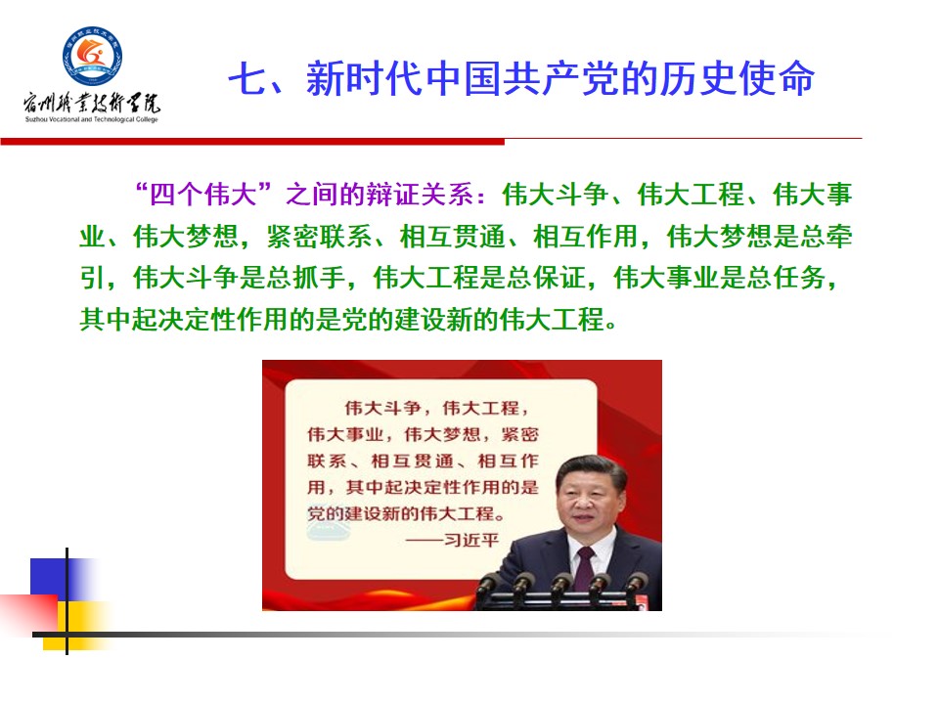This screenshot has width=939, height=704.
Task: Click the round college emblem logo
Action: pyautogui.click(x=93, y=56)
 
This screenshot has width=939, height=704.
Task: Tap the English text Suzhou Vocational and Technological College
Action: pyautogui.click(x=92, y=119)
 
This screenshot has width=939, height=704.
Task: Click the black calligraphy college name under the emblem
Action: pyautogui.click(x=92, y=103)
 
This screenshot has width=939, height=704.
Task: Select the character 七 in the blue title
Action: pyautogui.click(x=247, y=78)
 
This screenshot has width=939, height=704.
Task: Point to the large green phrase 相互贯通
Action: pyautogui.click(x=453, y=236)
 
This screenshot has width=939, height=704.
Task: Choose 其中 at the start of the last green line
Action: pyautogui.click(x=106, y=319)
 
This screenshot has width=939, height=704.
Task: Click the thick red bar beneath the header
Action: pyautogui.click(x=252, y=141)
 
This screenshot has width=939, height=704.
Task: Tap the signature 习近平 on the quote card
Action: pyautogui.click(x=471, y=540)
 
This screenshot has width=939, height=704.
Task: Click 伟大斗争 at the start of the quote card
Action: pyautogui.click(x=382, y=409)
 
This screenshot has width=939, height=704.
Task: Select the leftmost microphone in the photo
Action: pyautogui.click(x=488, y=584)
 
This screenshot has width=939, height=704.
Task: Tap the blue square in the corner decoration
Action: pyautogui.click(x=49, y=578)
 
